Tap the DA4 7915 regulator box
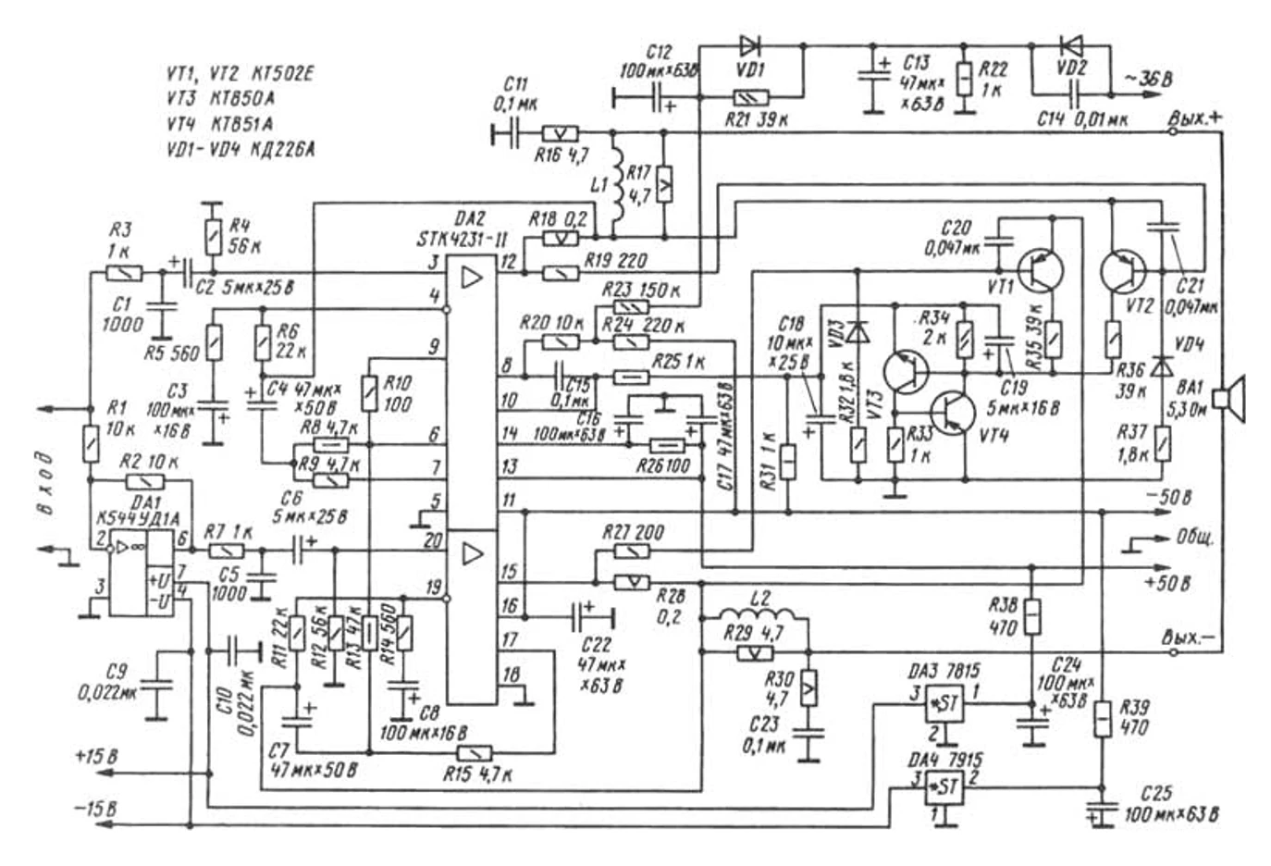click(944, 787)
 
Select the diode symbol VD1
click(749, 45)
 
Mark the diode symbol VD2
click(1072, 45)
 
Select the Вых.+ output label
click(1194, 118)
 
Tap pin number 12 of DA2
click(508, 262)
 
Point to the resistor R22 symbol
click(964, 79)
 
